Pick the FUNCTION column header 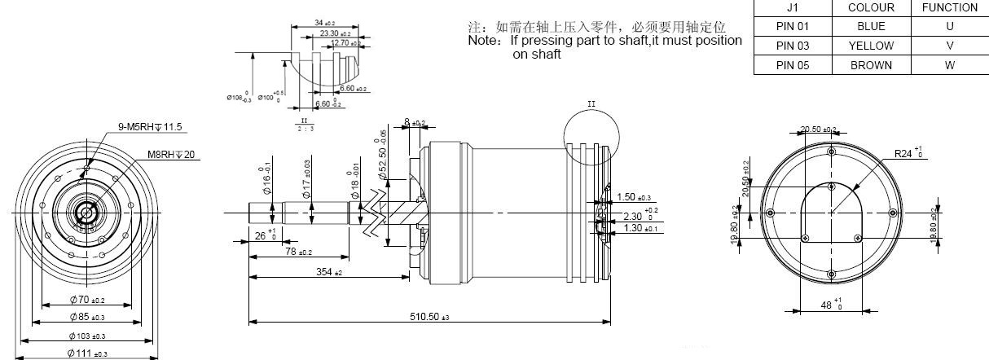pyautogui.click(x=949, y=7)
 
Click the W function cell pyautogui.click(x=949, y=65)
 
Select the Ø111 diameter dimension pyautogui.click(x=87, y=353)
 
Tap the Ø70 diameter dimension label pyautogui.click(x=86, y=301)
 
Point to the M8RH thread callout pyautogui.click(x=169, y=154)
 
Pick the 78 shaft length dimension pyautogui.click(x=296, y=252)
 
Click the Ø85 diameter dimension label pyautogui.click(x=87, y=318)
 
